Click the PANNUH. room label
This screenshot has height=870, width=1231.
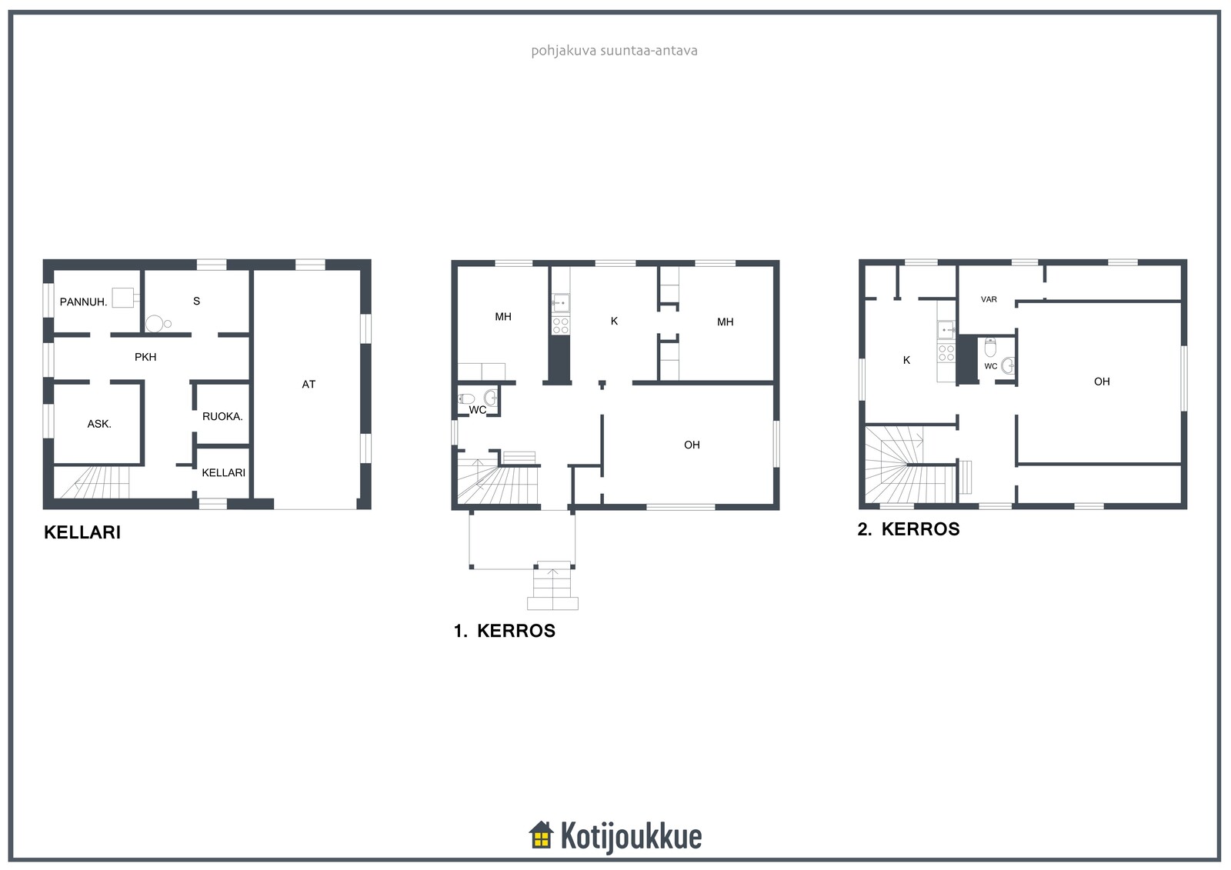click(83, 302)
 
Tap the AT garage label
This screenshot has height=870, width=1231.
click(309, 384)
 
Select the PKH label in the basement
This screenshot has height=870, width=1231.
click(145, 357)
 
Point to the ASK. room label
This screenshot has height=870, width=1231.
click(99, 424)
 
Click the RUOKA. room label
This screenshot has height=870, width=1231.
click(222, 417)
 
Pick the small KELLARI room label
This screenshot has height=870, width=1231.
click(223, 472)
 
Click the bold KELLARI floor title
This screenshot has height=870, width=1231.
click(82, 532)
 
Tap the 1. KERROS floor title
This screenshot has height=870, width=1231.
click(505, 630)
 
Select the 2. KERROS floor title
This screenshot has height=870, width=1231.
click(909, 528)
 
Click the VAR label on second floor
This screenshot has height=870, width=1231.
click(989, 299)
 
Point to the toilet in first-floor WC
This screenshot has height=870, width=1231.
click(466, 398)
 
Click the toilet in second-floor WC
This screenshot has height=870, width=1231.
click(990, 348)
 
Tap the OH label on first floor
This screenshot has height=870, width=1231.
click(692, 445)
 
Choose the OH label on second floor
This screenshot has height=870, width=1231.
click(1102, 382)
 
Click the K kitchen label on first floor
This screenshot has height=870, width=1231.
click(615, 321)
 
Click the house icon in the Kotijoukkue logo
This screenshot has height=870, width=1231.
click(542, 835)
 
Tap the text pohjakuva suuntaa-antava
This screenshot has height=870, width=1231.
click(615, 51)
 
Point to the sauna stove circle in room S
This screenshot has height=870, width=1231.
click(155, 324)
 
